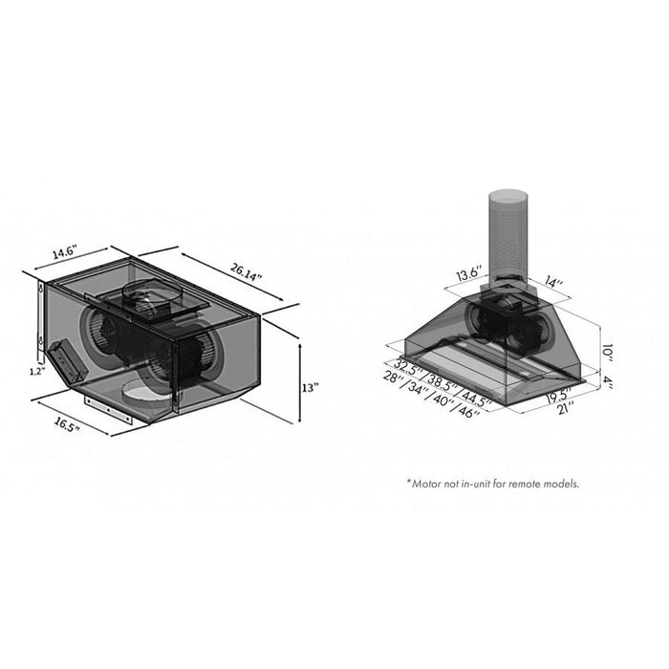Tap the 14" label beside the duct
[x=553, y=283]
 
